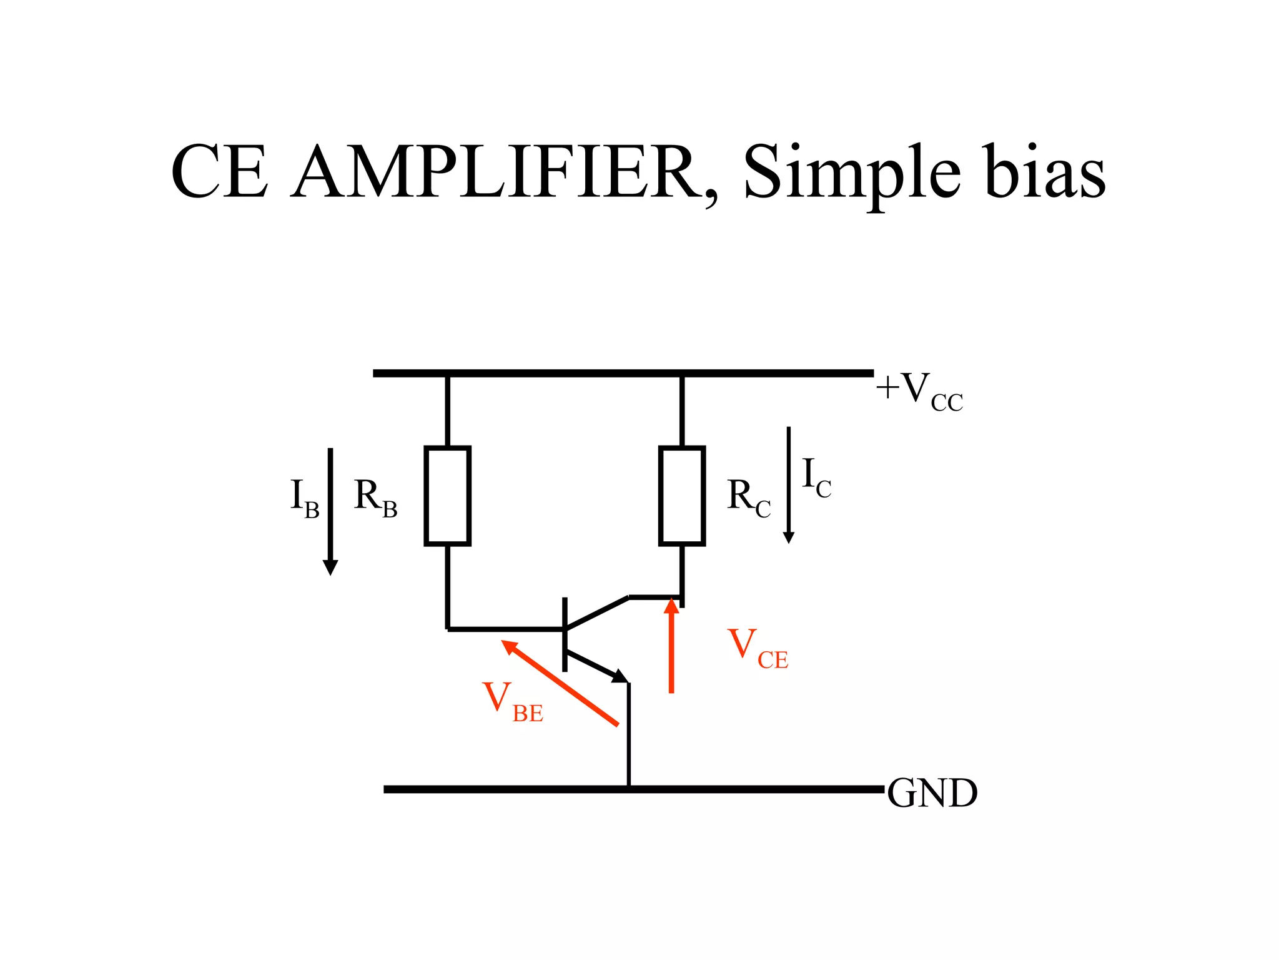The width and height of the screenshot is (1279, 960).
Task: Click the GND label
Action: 932,794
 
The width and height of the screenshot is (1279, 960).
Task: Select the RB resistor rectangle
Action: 447,496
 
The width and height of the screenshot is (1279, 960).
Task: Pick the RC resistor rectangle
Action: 682,496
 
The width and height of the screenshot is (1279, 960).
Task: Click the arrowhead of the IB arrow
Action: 330,567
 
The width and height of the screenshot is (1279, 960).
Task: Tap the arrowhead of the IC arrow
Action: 789,537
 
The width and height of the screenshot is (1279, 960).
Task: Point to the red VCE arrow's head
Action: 671,606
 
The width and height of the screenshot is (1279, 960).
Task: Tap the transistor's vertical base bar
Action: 565,634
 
